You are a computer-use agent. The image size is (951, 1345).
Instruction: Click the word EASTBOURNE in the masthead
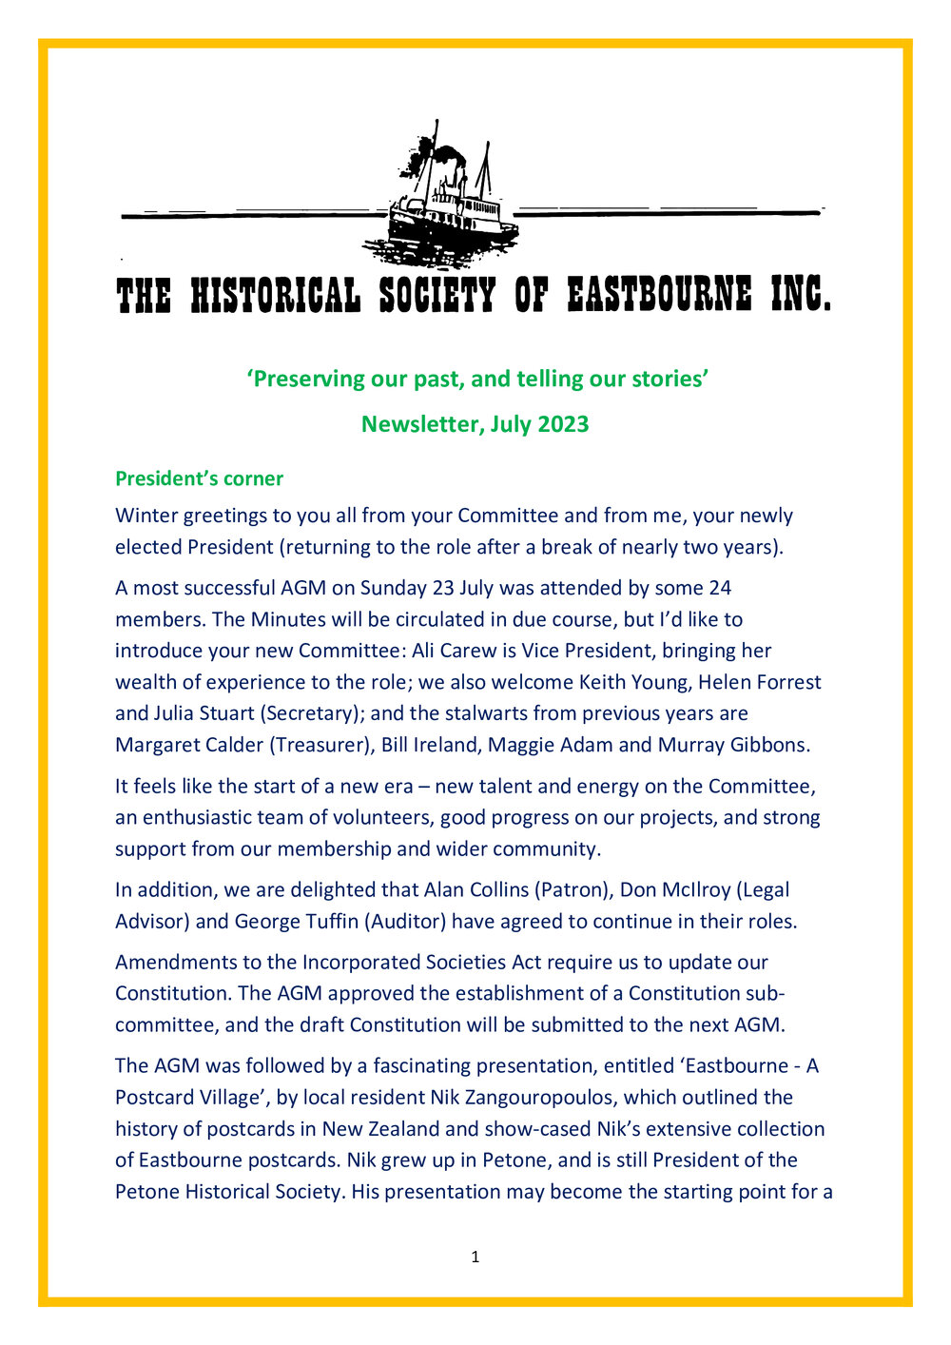tap(659, 296)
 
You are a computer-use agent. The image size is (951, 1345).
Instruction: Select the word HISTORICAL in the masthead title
tap(276, 296)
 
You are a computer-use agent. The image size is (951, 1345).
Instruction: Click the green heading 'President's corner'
tap(199, 478)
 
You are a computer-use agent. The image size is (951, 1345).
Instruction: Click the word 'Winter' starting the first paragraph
tap(146, 516)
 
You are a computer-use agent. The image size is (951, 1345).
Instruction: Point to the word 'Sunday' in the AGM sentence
tap(393, 588)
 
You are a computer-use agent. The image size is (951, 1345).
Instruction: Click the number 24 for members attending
tap(719, 588)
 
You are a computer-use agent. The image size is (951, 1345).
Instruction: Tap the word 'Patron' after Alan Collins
tap(571, 890)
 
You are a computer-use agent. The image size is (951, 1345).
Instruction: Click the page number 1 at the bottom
tap(475, 1257)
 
